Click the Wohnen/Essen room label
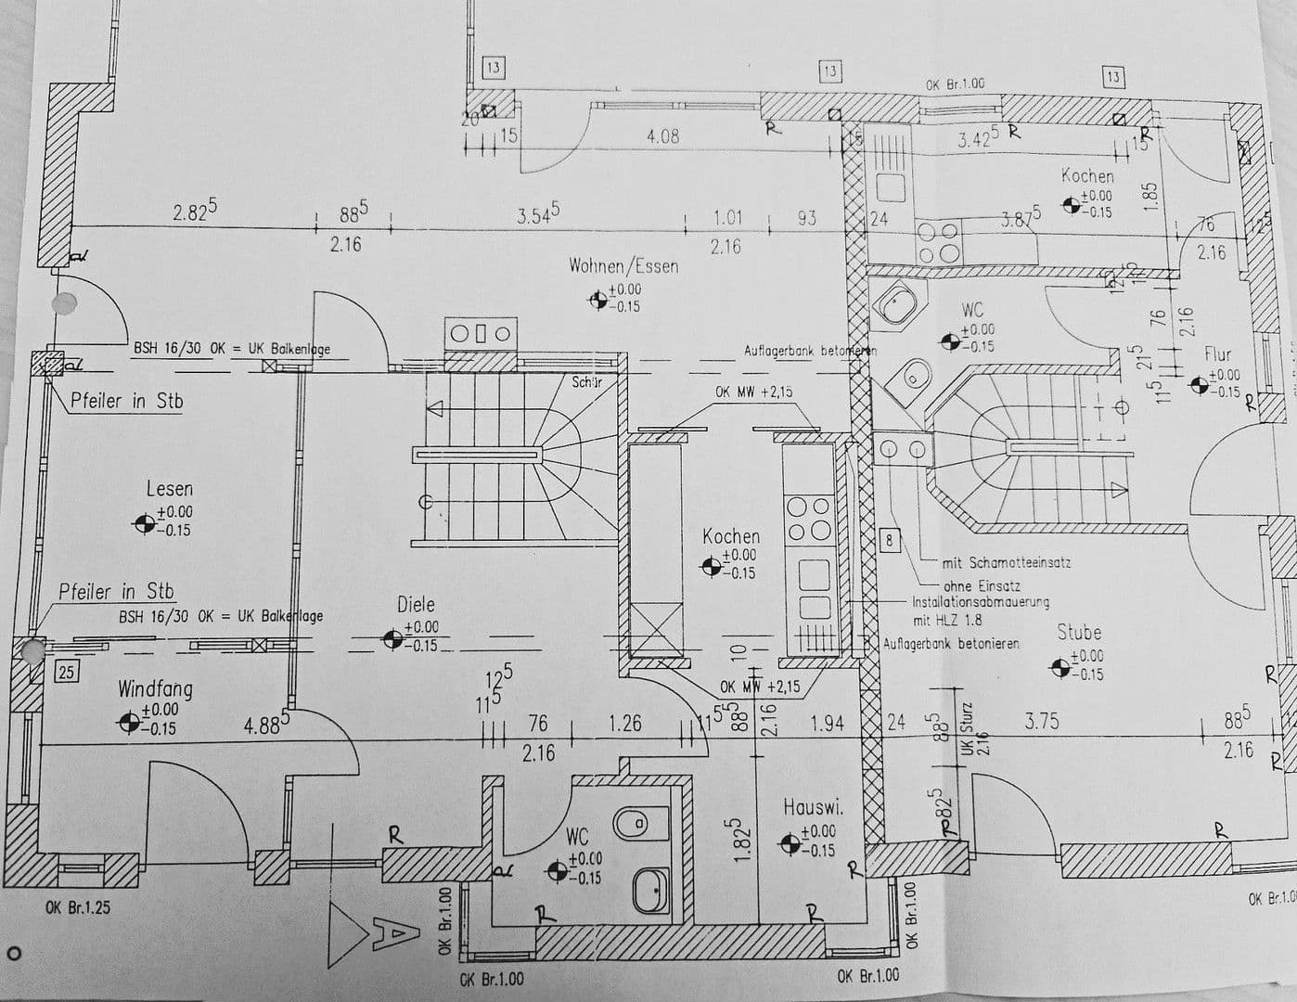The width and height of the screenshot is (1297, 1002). coord(623,266)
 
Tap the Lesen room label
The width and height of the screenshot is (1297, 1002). coord(170,488)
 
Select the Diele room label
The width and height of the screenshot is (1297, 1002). coord(416,604)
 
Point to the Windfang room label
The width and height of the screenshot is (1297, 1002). coord(155,688)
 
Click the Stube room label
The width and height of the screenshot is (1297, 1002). coord(1079,633)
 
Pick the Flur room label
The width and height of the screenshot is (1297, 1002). coord(1217,353)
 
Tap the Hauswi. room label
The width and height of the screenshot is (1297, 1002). coord(813,807)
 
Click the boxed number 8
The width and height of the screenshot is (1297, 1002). coord(889,540)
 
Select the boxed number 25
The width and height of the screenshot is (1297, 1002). coord(66,672)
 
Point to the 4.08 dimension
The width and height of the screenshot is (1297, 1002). coord(662,136)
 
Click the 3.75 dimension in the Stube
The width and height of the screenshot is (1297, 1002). coord(1041,721)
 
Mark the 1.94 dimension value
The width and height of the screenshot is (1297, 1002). coord(827,722)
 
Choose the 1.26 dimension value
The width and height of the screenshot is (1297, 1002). coord(624,722)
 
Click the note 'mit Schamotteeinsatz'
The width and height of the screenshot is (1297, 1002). coord(1007,562)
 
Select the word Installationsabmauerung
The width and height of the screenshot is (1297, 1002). coord(981,601)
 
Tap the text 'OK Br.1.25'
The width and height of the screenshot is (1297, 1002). coord(77,906)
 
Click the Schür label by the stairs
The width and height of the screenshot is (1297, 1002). coord(586,381)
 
